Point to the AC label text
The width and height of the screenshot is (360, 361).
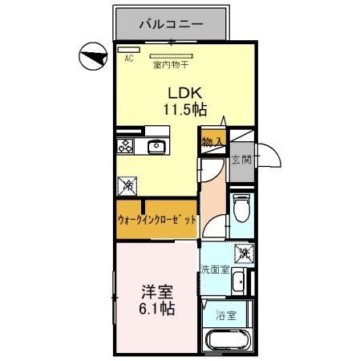127,58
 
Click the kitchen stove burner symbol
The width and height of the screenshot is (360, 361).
126,145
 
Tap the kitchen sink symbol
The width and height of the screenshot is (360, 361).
156,145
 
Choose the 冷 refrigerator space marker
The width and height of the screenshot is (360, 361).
128,186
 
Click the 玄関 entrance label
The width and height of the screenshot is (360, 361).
241,160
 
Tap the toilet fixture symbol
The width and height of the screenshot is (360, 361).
241,209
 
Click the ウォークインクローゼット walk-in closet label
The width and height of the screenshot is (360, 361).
157,218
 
